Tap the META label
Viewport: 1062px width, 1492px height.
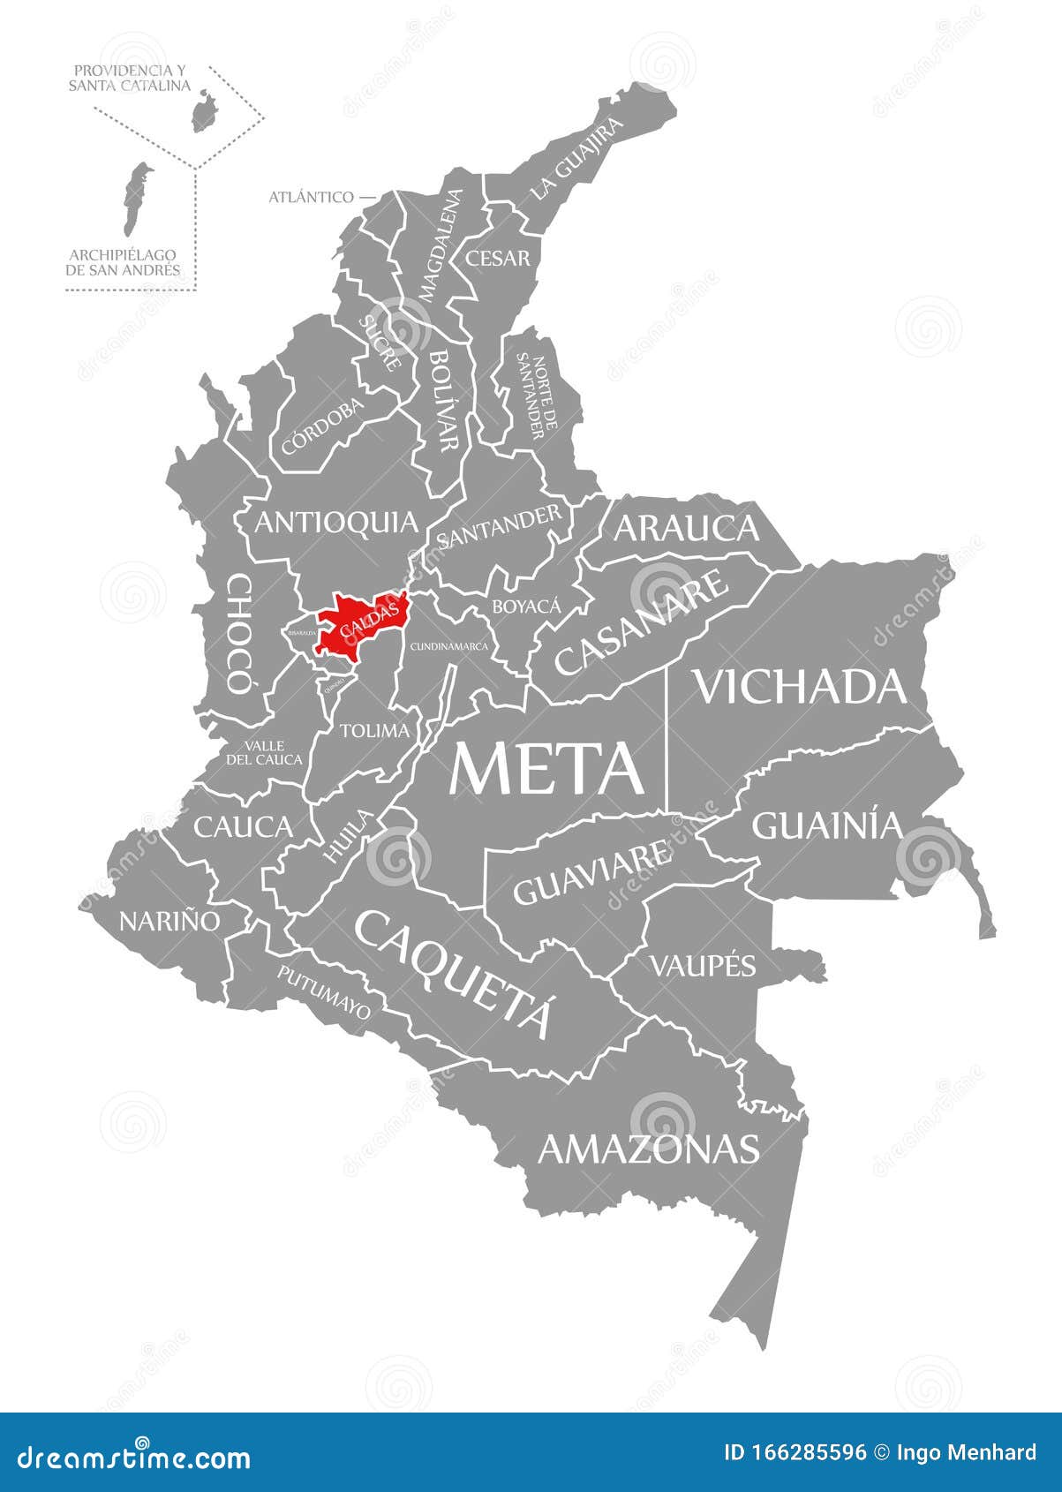[x=546, y=767]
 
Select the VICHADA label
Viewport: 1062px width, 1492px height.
[x=801, y=686]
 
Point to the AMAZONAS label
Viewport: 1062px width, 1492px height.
[x=649, y=1149]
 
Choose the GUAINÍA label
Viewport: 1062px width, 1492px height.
[x=827, y=825]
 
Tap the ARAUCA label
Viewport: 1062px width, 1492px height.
[x=686, y=527]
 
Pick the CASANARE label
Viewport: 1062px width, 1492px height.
[x=643, y=622]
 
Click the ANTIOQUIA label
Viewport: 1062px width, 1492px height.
[x=335, y=522]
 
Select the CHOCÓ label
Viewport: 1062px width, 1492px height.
[x=238, y=632]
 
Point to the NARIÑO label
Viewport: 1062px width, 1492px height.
[x=169, y=921]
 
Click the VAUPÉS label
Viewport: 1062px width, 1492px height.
[x=703, y=965]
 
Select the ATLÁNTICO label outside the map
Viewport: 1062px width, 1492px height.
[x=311, y=197]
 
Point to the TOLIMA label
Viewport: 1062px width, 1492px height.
[x=375, y=730]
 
